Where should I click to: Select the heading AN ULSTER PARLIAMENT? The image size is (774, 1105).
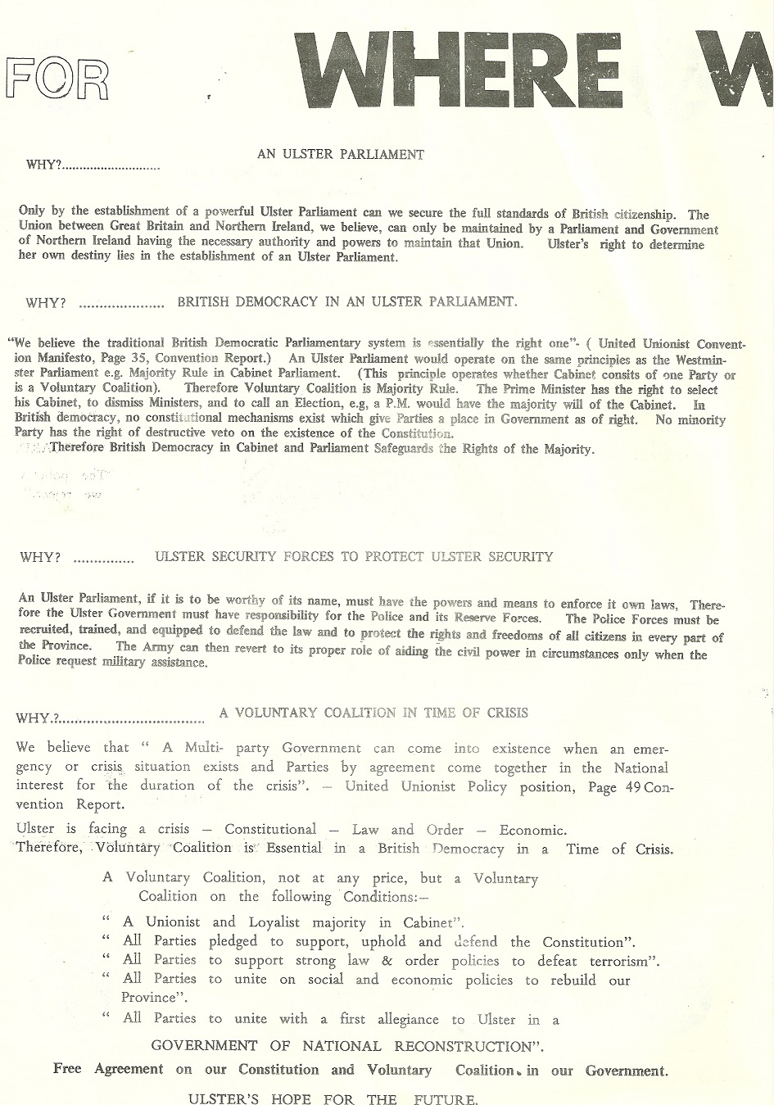pos(341,154)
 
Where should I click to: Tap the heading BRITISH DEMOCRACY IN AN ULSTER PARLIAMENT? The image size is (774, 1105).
pos(347,301)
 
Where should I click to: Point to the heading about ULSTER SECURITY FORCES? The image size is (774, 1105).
pos(354,557)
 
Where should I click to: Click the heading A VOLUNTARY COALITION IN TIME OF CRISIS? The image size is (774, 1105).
pos(373,713)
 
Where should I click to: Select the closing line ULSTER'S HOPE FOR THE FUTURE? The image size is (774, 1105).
pos(333,1098)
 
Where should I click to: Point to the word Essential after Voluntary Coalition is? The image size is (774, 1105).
pos(300,849)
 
